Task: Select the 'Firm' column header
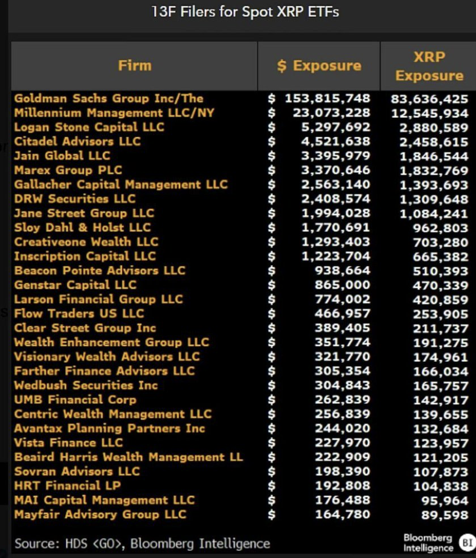pyautogui.click(x=135, y=65)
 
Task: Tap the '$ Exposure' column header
pyautogui.click(x=319, y=66)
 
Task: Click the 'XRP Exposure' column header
pyautogui.click(x=429, y=66)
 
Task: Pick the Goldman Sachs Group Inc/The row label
pyautogui.click(x=109, y=98)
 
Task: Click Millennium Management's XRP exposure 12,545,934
pyautogui.click(x=430, y=113)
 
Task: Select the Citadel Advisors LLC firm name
pyautogui.click(x=77, y=141)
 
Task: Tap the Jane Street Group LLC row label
pyautogui.click(x=84, y=213)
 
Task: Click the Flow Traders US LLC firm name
pyautogui.click(x=79, y=313)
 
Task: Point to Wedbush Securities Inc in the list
pyautogui.click(x=86, y=385)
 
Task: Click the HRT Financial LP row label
pyautogui.click(x=68, y=486)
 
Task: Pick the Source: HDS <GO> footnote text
pyautogui.click(x=142, y=543)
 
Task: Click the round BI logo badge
pyautogui.click(x=466, y=542)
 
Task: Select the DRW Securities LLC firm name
pyautogui.click(x=75, y=199)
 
